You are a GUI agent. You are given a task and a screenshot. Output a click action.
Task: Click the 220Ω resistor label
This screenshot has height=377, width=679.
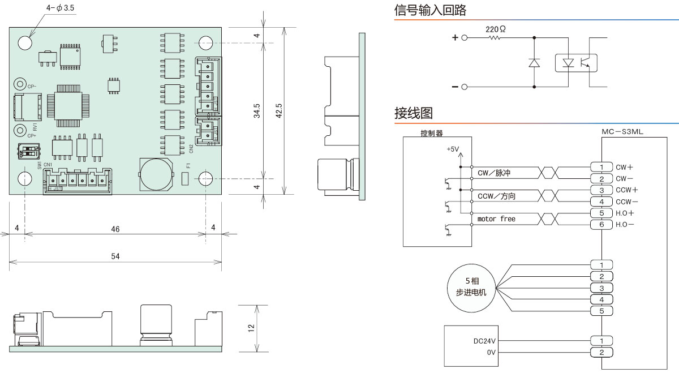point(495,28)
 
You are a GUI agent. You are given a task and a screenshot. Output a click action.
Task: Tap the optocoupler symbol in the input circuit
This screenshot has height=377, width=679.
point(575,62)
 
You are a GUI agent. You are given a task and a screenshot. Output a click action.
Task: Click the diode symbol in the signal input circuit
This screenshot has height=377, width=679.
point(534,62)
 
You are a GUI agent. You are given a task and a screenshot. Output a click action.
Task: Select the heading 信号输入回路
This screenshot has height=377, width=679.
point(430,10)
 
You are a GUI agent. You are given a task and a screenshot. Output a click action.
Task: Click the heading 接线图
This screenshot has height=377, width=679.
point(414,113)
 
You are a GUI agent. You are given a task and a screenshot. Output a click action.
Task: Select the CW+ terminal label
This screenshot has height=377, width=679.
point(624,167)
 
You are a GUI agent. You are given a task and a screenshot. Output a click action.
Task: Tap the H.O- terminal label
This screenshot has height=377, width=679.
point(625,225)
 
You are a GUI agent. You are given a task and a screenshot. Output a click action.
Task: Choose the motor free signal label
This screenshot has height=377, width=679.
point(496,219)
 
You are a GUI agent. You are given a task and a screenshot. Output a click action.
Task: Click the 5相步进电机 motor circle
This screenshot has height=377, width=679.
point(471,288)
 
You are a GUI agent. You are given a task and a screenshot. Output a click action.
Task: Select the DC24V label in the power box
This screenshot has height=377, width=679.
point(484,341)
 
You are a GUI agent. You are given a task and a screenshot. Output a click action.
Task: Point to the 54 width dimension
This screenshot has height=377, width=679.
point(115,256)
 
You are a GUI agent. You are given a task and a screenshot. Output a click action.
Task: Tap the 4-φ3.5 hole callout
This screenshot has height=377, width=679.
point(61,8)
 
